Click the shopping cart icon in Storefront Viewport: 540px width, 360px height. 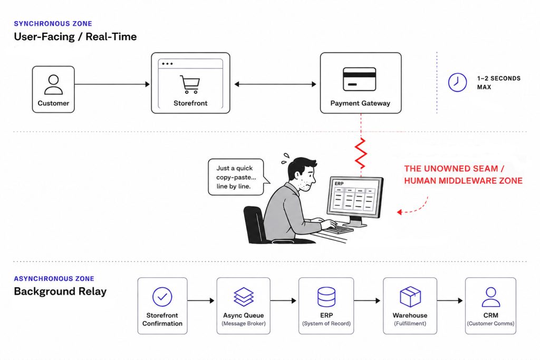point(190,84)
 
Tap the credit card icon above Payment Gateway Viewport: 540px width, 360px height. point(359,79)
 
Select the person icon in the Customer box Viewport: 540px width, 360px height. point(53,85)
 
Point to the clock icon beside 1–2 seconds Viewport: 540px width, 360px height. point(457,82)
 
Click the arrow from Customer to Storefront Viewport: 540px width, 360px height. point(112,84)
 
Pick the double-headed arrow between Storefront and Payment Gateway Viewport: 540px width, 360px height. point(275,84)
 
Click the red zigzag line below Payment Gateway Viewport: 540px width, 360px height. point(361,153)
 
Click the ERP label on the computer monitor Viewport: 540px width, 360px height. point(339,183)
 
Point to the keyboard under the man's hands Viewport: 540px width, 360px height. point(339,229)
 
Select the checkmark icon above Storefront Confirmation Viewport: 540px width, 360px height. point(162,297)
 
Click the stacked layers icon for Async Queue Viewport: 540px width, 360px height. point(244,297)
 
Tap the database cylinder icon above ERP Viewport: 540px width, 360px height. point(326,297)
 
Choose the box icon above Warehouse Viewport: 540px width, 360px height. point(410,297)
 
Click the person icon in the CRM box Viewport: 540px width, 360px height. point(491,297)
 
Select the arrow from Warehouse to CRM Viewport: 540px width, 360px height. point(450,300)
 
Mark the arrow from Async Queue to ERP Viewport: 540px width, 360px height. point(283,300)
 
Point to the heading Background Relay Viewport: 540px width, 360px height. point(60,291)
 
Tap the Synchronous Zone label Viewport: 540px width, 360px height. point(53,23)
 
